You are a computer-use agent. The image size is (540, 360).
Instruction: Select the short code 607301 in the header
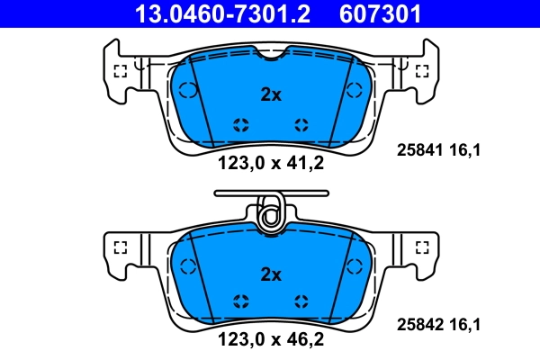380,13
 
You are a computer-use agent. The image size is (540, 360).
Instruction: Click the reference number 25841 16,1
439,151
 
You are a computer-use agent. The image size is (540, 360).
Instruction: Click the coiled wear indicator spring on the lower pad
269,215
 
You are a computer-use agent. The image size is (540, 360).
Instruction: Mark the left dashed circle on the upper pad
188,90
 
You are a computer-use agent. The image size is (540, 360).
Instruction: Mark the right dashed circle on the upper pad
353,90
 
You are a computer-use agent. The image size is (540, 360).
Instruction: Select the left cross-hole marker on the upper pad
240,124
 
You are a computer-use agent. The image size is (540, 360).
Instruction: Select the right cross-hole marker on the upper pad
301,124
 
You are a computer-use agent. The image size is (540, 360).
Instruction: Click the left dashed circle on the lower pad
188,265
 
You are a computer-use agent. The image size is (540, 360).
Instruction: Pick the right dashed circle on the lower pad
353,265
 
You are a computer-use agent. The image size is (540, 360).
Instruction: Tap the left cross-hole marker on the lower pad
240,301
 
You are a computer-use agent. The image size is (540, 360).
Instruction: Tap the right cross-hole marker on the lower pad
301,301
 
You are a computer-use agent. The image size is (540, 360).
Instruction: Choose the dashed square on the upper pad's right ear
419,70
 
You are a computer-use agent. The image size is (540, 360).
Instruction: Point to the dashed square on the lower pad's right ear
419,246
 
